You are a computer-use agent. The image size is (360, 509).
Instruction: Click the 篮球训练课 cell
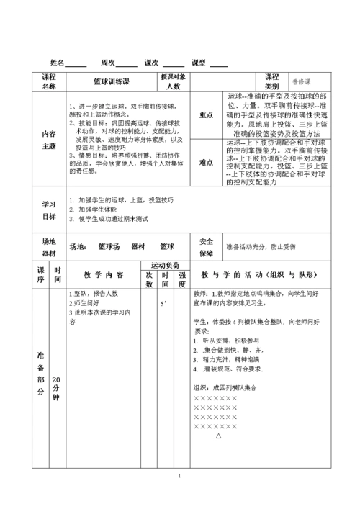click(x=111, y=82)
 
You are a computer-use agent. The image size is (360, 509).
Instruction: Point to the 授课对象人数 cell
click(x=173, y=81)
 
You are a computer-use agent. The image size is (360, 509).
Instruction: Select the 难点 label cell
click(x=206, y=162)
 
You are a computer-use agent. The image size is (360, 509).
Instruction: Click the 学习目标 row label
click(x=49, y=210)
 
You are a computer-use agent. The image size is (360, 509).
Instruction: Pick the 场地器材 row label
click(x=49, y=247)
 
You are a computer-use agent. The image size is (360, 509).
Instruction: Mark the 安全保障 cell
click(x=206, y=247)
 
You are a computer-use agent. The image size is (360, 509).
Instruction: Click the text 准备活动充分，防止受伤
click(x=261, y=247)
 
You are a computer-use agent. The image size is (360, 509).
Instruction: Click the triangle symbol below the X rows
click(x=218, y=436)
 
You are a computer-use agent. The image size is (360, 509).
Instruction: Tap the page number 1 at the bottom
click(x=180, y=475)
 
